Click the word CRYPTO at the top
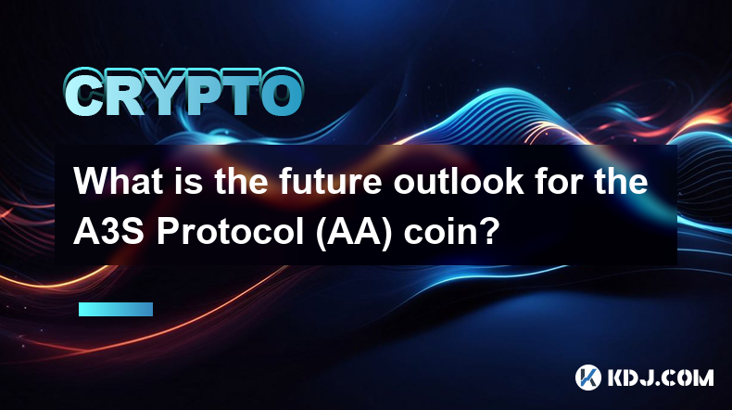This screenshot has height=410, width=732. [x=184, y=93]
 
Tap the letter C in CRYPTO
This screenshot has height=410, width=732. [x=84, y=93]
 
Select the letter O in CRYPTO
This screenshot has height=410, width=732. [x=280, y=93]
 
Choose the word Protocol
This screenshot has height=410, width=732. [x=230, y=232]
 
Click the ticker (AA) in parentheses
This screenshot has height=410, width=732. [x=353, y=233]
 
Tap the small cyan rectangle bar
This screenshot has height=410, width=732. [x=116, y=309]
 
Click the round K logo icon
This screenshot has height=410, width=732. [x=587, y=378]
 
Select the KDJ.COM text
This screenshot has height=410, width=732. [x=660, y=378]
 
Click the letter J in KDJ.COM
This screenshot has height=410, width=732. [x=645, y=378]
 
